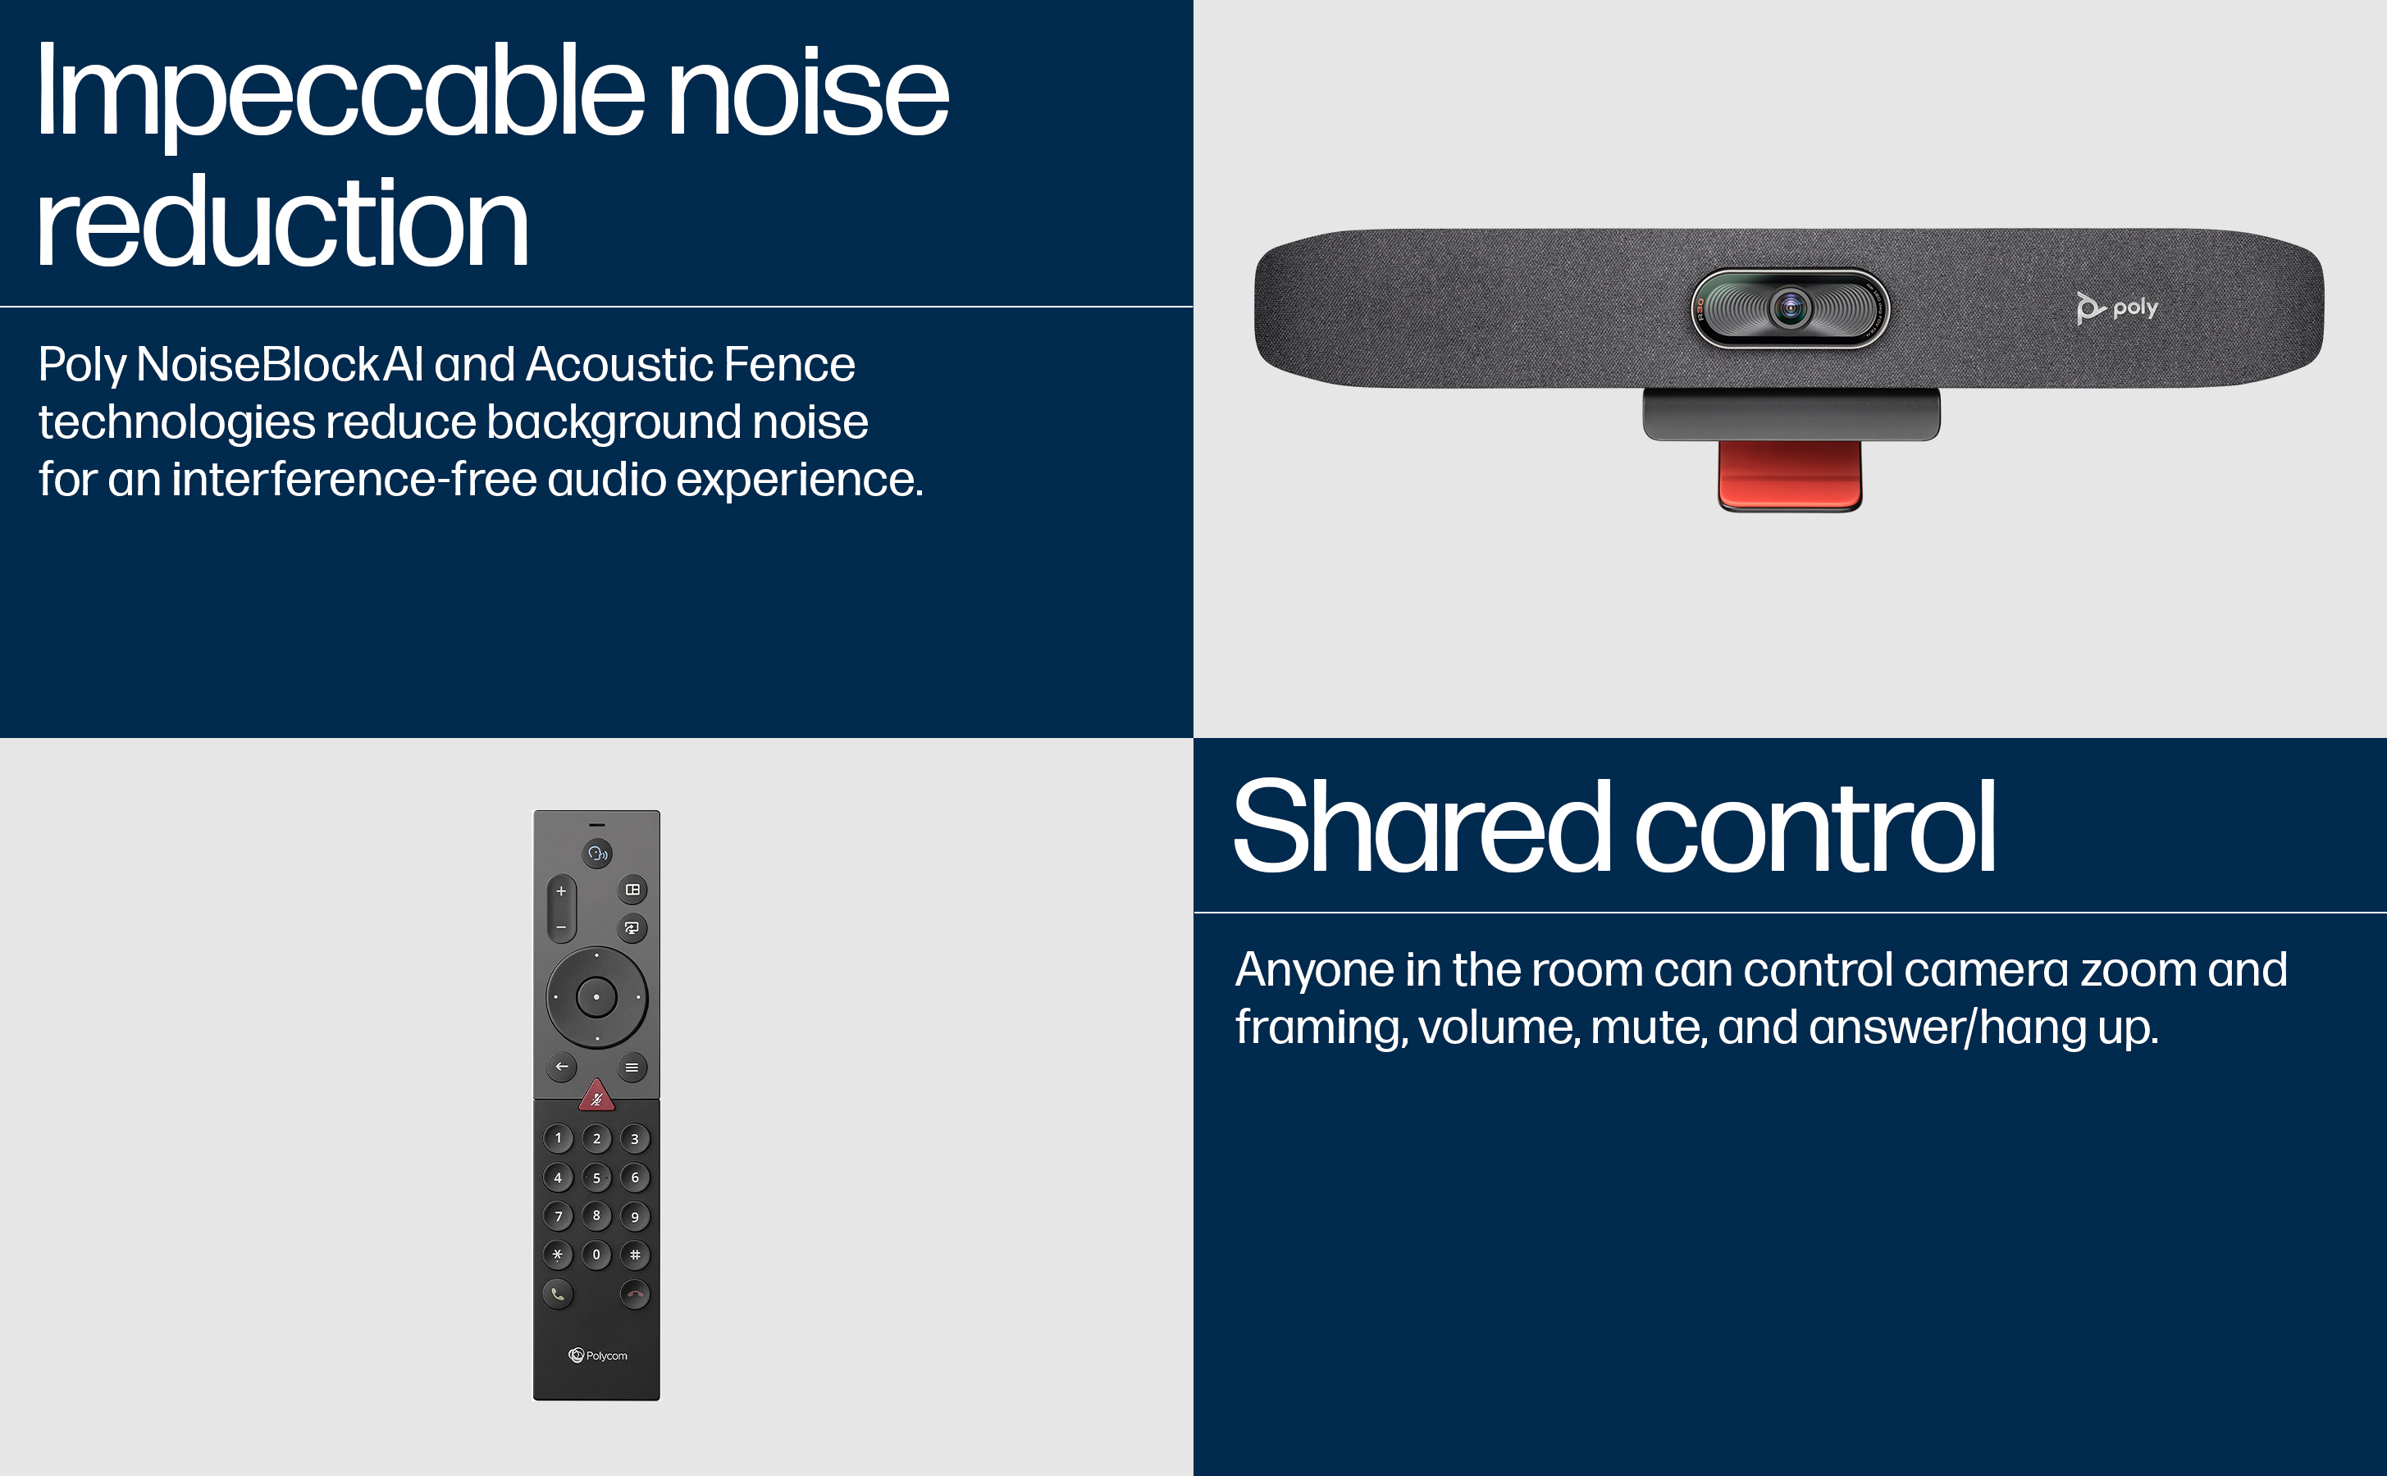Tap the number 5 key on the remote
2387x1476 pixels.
click(596, 1178)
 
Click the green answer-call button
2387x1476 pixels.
click(558, 1295)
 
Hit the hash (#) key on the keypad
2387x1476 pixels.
click(635, 1255)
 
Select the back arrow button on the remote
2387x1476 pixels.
click(561, 1067)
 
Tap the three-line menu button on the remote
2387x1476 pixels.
click(632, 1067)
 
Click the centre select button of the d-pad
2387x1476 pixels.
click(596, 996)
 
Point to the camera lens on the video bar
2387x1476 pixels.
click(1791, 308)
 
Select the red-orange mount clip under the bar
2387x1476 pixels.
click(1790, 476)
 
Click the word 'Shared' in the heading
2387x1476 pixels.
click(1422, 827)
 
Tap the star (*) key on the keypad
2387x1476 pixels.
click(558, 1255)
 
